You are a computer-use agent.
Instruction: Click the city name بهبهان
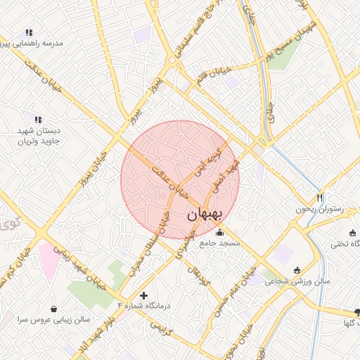click(x=205, y=215)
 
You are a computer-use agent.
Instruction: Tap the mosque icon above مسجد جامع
click(x=219, y=233)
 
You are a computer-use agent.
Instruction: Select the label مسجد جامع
click(x=219, y=243)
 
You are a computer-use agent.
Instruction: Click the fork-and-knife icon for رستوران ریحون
click(x=319, y=198)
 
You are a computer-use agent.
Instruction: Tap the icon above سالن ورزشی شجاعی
click(x=297, y=271)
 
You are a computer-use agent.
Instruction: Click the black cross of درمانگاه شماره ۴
click(x=145, y=295)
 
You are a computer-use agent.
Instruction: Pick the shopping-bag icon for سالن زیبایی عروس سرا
click(x=55, y=308)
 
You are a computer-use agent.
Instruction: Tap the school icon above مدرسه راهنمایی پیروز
click(x=29, y=32)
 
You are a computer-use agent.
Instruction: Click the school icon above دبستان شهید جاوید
click(x=38, y=120)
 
